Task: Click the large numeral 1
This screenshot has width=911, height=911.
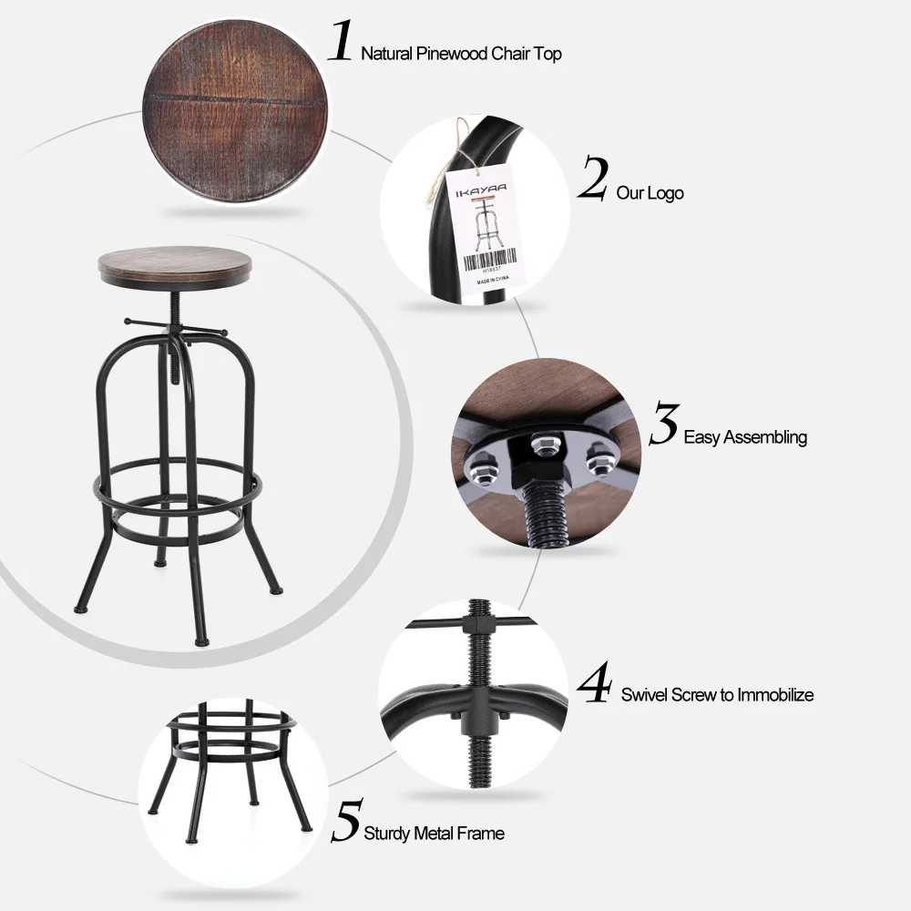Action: point(340,43)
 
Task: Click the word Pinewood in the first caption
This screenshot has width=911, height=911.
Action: point(456,54)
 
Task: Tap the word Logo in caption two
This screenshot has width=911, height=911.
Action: point(665,193)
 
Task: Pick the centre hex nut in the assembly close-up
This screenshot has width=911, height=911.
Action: point(537,445)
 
